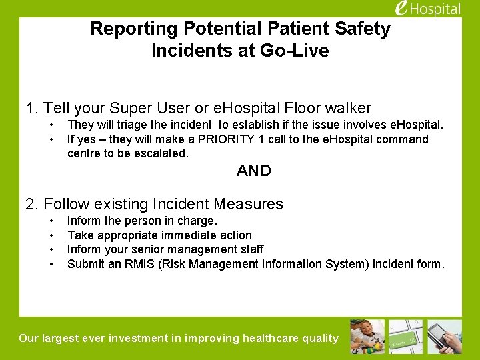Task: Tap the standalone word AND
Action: pos(254,171)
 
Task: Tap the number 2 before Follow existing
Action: pos(29,204)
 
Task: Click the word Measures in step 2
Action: pos(257,204)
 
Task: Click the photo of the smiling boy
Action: pos(367,336)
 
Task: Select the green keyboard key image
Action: pos(405,336)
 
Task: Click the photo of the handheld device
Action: pos(444,336)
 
